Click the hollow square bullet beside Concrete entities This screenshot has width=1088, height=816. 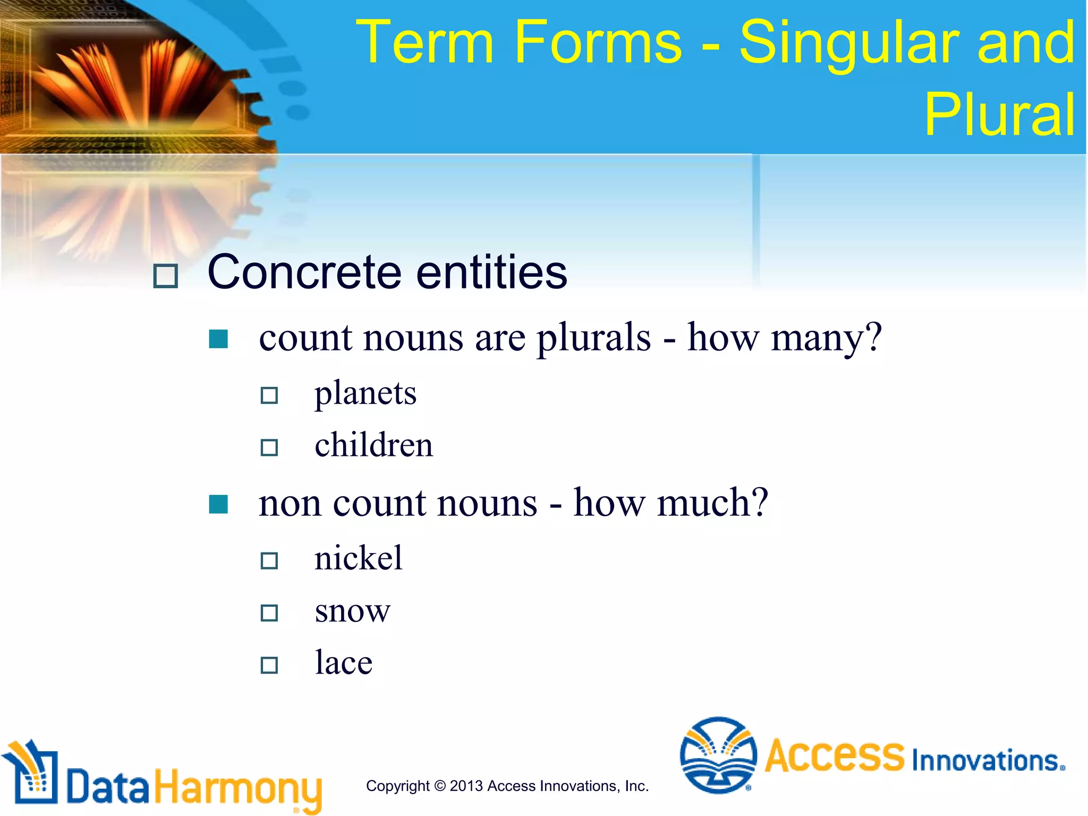(165, 276)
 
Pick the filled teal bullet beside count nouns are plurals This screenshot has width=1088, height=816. (218, 339)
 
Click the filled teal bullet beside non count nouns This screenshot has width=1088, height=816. (218, 504)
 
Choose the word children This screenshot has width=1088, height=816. (373, 445)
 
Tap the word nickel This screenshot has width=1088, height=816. (359, 558)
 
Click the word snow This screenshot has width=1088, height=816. (352, 611)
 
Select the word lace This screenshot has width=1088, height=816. (344, 663)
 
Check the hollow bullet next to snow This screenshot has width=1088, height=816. (269, 613)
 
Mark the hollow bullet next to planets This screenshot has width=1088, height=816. (269, 395)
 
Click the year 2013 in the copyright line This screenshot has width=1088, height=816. (466, 786)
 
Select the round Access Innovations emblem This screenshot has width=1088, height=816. (718, 755)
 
